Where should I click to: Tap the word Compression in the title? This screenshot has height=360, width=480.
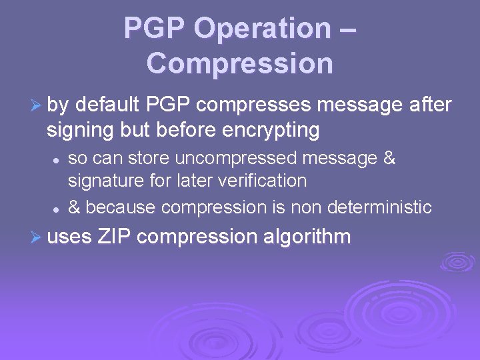point(239,63)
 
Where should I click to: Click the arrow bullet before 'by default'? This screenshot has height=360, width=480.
point(37,105)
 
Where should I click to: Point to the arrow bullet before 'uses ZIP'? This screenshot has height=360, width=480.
point(37,236)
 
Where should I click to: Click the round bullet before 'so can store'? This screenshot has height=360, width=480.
point(58,160)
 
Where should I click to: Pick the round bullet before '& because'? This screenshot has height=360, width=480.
point(58,209)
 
